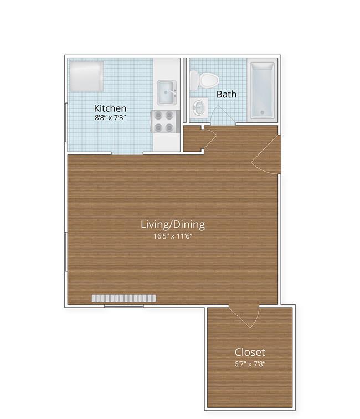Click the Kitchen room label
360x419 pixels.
tap(110, 108)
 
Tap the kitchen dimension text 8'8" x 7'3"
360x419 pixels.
tap(110, 117)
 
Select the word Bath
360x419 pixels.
tap(227, 94)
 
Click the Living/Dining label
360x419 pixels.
tap(173, 225)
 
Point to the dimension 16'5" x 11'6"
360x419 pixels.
tap(173, 236)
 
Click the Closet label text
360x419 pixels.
tap(250, 352)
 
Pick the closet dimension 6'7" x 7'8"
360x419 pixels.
tap(250, 364)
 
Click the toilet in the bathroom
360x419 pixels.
tap(204, 80)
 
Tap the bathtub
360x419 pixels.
tap(262, 90)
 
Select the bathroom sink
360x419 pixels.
tap(199, 107)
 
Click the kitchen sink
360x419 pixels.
tap(166, 92)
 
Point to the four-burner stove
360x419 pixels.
tap(165, 122)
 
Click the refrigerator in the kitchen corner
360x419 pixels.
tap(86, 76)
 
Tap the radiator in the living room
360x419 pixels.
tap(124, 298)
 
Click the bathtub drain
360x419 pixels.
tap(263, 112)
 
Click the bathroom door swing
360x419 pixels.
tap(223, 116)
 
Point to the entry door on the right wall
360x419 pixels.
tap(266, 155)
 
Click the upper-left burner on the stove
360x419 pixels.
tap(158, 116)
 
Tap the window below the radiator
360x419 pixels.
tap(124, 306)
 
